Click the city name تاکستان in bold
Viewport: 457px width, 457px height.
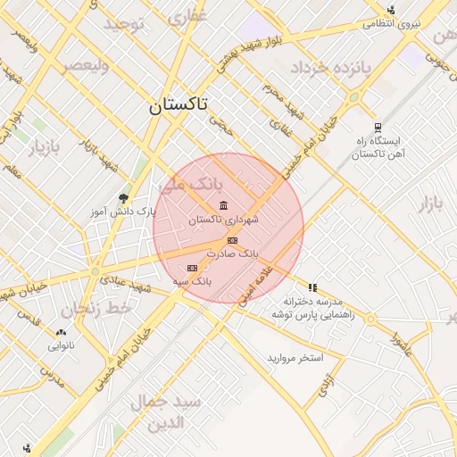177,105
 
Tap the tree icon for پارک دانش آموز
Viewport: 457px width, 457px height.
123,198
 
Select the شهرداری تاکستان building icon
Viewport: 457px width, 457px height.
223,206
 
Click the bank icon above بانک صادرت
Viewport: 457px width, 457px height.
232,240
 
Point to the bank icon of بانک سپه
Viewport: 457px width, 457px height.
191,268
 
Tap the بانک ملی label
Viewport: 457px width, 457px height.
193,185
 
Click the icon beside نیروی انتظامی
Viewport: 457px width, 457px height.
391,11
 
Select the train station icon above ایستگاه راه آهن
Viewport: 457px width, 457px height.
378,128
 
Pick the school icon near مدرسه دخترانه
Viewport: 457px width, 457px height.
312,287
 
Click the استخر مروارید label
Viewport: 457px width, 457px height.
295,357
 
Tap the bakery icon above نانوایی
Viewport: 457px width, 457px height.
61,331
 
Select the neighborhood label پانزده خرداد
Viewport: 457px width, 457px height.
327,68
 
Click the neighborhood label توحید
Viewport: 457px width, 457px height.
123,23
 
